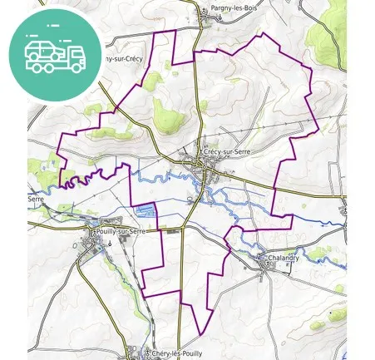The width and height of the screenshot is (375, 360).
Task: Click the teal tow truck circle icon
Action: (x=55, y=55)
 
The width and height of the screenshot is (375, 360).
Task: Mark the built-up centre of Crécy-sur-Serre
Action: (x=208, y=170)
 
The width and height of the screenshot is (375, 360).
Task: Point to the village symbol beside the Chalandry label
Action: (x=264, y=258)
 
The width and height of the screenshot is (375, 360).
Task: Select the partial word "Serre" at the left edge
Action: (x=36, y=200)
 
